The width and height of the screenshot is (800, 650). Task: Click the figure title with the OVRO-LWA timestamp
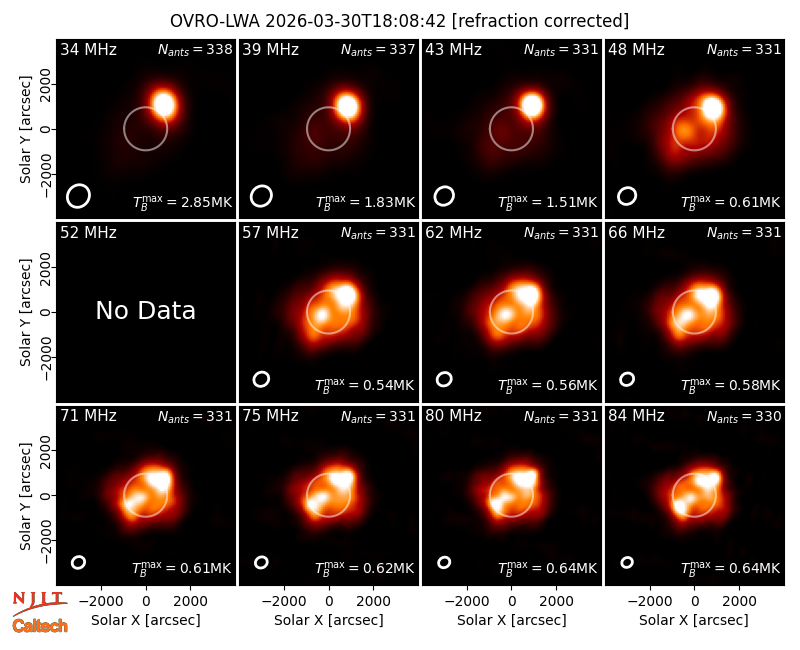tap(399, 21)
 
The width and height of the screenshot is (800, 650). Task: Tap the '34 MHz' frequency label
tap(88, 49)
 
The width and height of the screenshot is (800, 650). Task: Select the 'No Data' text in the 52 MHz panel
tap(145, 310)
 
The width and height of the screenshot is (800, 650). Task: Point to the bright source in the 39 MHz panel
tap(347, 106)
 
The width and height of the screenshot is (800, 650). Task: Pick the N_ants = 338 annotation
tap(195, 49)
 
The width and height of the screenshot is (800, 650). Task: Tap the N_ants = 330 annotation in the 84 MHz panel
tap(744, 416)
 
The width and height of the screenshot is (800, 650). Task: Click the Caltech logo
tap(40, 625)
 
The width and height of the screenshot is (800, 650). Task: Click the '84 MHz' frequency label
tap(636, 416)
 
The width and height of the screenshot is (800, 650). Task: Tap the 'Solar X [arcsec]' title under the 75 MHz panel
tap(329, 620)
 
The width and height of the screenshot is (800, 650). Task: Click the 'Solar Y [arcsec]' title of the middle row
tap(25, 312)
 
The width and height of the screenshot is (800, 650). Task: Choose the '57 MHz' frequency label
tap(270, 233)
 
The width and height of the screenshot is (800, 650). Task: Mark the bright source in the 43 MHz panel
tap(532, 105)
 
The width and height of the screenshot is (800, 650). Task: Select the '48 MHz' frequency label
tap(636, 49)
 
